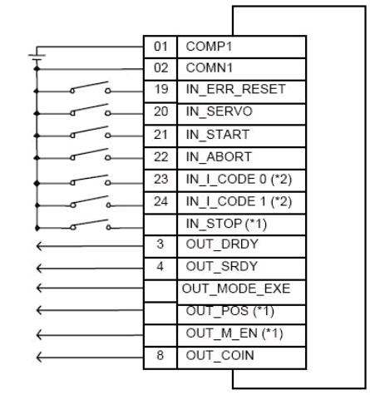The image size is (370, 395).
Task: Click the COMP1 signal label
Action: point(209,47)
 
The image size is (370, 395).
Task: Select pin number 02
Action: point(160,68)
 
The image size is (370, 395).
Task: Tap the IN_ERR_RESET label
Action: point(235,89)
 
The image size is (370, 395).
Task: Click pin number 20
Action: point(161,111)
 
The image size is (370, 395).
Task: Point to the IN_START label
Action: point(218,135)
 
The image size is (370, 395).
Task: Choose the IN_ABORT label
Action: point(219,157)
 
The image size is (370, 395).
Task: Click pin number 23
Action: point(161,179)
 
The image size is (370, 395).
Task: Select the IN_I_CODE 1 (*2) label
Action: point(239,201)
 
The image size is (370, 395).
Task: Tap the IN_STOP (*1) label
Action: point(226,224)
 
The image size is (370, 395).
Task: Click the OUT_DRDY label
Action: point(222,244)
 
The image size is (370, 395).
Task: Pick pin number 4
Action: point(160,266)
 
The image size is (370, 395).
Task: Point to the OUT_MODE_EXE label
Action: point(236,289)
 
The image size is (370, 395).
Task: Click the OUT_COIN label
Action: point(220,356)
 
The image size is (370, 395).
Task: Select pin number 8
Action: point(160,355)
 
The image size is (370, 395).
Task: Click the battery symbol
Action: point(37,57)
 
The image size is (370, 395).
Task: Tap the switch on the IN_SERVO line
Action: point(90,111)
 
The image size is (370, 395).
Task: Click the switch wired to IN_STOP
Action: point(90,225)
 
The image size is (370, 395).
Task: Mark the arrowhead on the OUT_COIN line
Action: point(39,357)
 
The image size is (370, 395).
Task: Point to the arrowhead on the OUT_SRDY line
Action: point(39,268)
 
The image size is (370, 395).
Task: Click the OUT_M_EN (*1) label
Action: point(234,333)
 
